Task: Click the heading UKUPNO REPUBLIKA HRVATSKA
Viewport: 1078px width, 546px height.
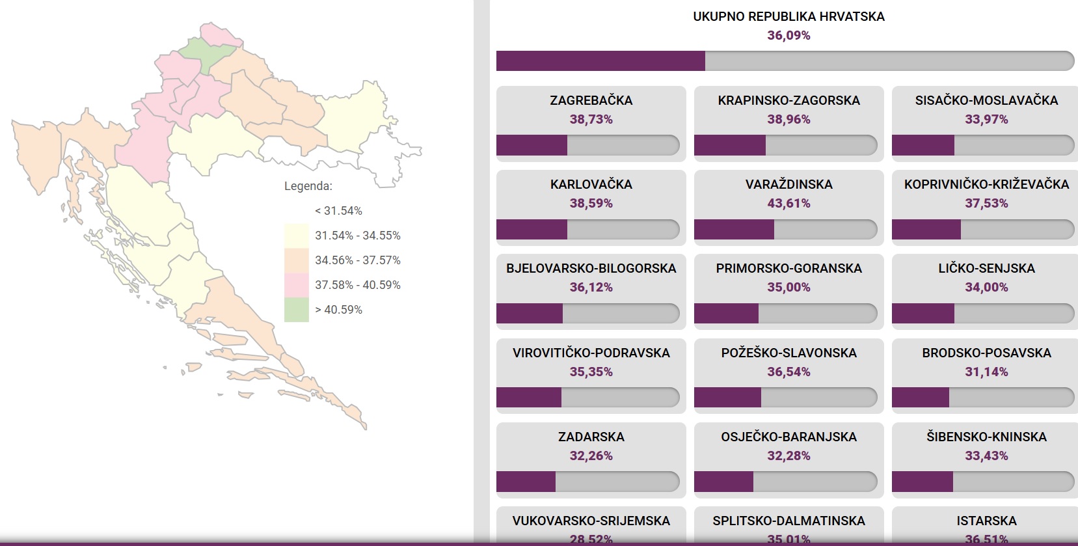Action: click(788, 17)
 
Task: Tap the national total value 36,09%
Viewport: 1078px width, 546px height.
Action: click(788, 36)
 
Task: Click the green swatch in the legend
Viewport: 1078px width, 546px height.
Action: click(296, 310)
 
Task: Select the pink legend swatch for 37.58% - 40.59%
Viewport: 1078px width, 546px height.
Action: click(296, 285)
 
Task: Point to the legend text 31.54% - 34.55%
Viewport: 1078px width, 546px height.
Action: click(357, 236)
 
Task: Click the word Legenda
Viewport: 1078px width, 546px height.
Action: click(308, 186)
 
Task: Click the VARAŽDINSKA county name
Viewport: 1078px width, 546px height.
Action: click(788, 185)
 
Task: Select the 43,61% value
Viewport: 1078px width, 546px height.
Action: click(788, 204)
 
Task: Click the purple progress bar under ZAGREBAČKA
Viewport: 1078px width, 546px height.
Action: click(532, 145)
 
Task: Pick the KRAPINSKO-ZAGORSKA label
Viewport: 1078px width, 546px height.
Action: click(788, 101)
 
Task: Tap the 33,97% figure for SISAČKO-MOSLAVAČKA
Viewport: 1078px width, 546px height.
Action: click(986, 120)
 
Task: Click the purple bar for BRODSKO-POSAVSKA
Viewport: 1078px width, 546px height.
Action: click(920, 398)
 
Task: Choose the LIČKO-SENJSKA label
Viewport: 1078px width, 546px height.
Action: click(986, 269)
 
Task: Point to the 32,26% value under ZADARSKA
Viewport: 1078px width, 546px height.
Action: click(591, 456)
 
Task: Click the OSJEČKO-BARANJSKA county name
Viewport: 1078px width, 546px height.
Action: click(788, 437)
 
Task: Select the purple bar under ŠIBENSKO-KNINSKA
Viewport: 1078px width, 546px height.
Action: click(922, 482)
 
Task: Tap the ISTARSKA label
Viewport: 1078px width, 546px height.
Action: click(986, 521)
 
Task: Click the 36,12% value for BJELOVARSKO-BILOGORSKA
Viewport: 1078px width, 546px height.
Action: click(591, 288)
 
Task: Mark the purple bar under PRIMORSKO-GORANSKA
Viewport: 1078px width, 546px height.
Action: click(726, 314)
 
